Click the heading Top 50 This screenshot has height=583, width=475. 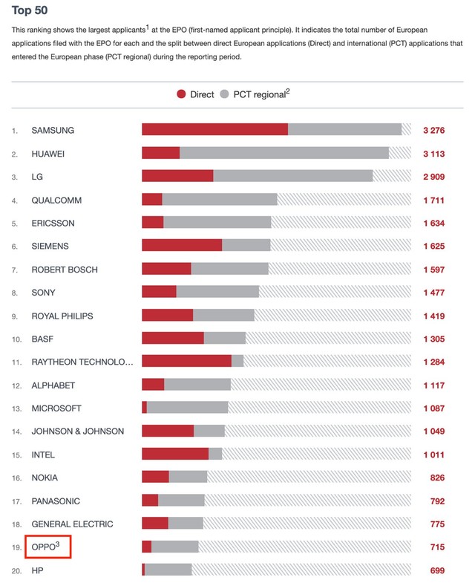pos(30,10)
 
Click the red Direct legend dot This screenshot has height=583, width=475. pos(181,94)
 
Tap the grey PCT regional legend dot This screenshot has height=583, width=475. pos(224,94)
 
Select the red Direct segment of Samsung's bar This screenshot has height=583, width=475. pos(214,130)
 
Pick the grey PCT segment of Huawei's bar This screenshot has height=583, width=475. pos(284,153)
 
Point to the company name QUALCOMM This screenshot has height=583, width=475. pos(56,200)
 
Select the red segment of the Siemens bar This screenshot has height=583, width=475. pos(182,246)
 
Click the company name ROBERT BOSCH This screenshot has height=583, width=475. pos(65,269)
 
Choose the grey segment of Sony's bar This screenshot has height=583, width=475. pos(217,293)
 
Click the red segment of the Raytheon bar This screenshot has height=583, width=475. pos(186,362)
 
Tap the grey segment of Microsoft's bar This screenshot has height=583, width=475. pos(187,408)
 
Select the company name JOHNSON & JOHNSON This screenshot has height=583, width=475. pos(78,431)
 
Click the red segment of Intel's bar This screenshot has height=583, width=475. pos(175,455)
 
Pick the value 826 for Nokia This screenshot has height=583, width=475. pos(437,478)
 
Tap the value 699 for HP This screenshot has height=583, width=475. pos(437,570)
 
